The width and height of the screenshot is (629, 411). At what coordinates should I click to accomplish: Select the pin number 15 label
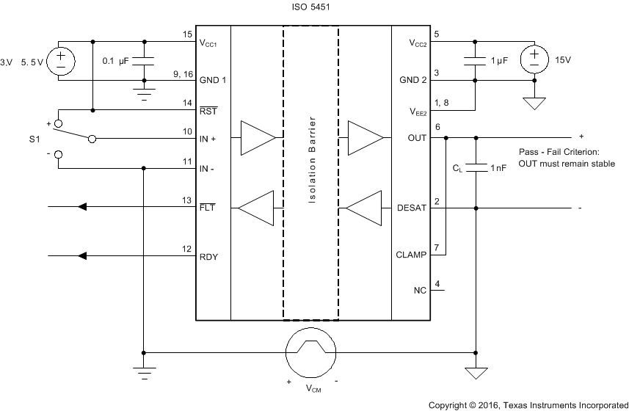tap(187, 34)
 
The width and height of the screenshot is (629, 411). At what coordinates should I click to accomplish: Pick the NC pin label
tap(420, 291)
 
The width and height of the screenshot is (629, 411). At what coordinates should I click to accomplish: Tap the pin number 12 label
tap(187, 249)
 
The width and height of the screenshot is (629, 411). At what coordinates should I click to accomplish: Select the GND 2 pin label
tap(414, 80)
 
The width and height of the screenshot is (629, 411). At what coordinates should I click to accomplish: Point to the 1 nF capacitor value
tap(500, 168)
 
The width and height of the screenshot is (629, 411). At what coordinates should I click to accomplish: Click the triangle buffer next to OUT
tap(366, 137)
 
